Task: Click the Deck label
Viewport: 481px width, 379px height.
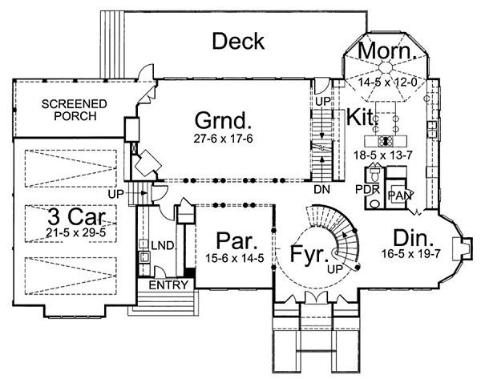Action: [238, 42]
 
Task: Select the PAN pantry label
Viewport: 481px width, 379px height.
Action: [398, 196]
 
